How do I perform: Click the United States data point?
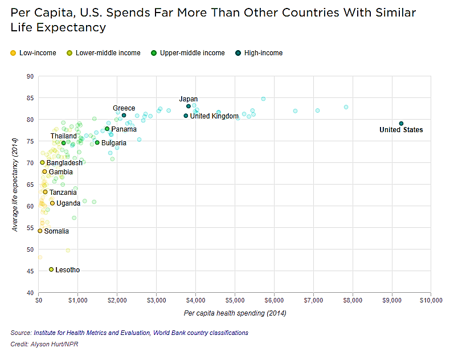[x=401, y=123]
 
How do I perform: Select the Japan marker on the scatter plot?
[x=188, y=106]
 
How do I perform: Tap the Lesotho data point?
[x=51, y=269]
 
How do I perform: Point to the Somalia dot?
[x=40, y=231]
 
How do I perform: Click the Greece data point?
[x=124, y=115]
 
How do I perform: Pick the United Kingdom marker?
[x=186, y=116]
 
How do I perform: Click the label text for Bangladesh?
[x=64, y=163]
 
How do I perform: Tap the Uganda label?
[x=68, y=203]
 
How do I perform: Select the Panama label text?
[x=124, y=129]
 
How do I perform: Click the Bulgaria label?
[x=114, y=143]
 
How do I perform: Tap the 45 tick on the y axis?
[x=30, y=271]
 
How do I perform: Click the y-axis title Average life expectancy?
[x=15, y=184]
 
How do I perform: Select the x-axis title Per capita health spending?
[x=235, y=313]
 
